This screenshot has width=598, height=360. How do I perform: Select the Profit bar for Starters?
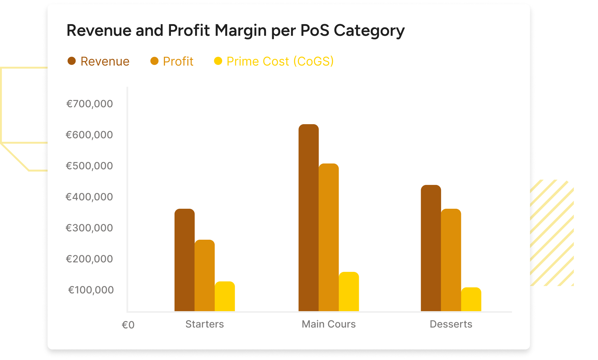[205, 275]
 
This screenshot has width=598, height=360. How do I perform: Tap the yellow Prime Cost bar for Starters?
[225, 296]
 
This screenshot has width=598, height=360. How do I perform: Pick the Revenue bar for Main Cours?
[309, 218]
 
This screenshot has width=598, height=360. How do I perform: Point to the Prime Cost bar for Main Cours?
[349, 292]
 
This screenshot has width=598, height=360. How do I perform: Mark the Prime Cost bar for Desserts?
[471, 299]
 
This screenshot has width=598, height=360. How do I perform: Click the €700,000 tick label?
[89, 104]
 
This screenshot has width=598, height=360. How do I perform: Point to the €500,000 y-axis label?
[89, 166]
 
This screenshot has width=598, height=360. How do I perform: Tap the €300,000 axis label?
[89, 228]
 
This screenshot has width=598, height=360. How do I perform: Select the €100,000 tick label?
[91, 290]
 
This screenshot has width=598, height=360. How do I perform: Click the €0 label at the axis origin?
[128, 325]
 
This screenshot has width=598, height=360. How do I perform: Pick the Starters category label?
[205, 324]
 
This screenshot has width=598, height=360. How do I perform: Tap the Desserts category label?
[451, 324]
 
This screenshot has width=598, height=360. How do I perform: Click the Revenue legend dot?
[71, 61]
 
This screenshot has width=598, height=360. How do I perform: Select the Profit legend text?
[178, 61]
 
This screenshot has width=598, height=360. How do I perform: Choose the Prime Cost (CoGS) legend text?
[280, 61]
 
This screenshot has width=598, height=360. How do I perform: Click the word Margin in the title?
[240, 31]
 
